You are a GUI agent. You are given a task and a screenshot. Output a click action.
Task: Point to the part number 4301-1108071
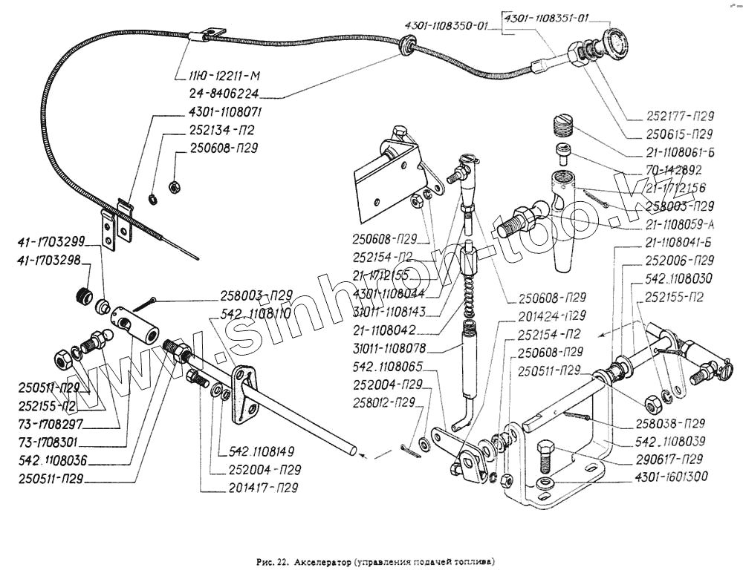pos(221,113)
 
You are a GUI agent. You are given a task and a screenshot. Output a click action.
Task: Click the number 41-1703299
pos(51,241)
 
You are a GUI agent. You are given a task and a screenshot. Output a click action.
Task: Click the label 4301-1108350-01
pos(446,26)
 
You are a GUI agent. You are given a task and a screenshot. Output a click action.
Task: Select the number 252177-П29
pos(677,117)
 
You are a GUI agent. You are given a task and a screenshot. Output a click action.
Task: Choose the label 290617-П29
pos(672,460)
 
